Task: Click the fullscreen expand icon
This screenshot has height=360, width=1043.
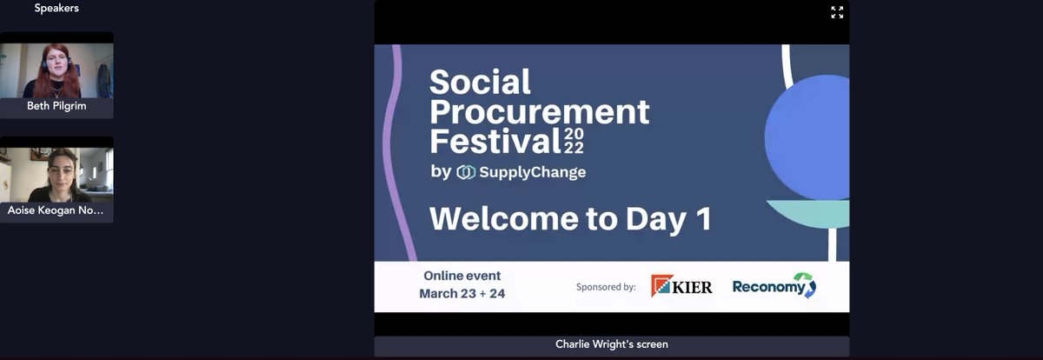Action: coord(837,12)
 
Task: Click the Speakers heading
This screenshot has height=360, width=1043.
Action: coord(56,8)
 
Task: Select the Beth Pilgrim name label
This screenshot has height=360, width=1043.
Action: coord(56,106)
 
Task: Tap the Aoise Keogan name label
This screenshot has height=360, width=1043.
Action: coord(56,210)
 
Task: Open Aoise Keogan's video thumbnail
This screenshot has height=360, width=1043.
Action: coord(56,174)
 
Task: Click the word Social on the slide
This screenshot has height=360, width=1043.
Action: coord(480,83)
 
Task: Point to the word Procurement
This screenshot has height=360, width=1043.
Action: coord(539,111)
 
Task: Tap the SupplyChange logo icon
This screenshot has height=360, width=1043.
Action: coord(466,172)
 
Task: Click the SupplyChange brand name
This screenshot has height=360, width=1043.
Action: coord(532,172)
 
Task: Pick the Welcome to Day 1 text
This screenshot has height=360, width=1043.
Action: coord(570,218)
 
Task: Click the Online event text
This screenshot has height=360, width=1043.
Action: coord(462,276)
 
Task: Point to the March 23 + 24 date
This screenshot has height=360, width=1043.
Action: coord(462,294)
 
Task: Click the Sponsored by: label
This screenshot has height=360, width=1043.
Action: coord(606,286)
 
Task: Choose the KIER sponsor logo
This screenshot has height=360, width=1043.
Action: coord(681,286)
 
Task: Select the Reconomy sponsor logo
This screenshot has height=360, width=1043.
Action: coord(774,286)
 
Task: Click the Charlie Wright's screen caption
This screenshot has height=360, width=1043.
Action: coord(612,344)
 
